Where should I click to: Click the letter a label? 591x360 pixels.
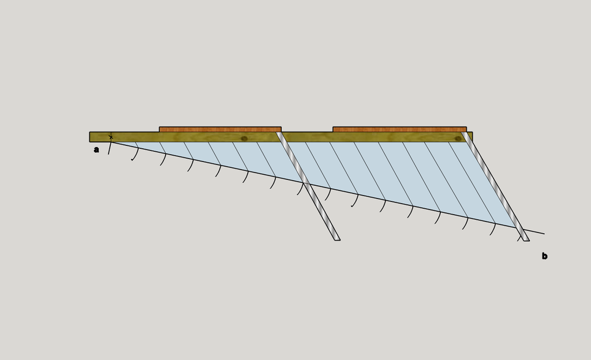96,150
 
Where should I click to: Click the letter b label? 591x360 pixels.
545,256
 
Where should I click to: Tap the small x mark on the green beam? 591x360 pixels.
111,137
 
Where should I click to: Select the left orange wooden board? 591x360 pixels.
220,130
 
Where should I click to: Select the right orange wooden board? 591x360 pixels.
399,130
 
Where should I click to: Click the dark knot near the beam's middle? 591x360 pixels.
244,138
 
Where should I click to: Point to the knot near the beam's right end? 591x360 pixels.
458,138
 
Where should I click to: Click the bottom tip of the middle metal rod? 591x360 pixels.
337,239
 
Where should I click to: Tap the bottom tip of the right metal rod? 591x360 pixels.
526,240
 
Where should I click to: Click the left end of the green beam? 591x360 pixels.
89,137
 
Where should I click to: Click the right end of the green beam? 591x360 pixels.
472,137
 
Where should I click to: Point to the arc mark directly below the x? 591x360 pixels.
110,148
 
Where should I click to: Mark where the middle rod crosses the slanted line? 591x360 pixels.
304,183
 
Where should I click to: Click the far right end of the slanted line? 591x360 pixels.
544,234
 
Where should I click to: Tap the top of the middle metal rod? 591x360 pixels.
279,133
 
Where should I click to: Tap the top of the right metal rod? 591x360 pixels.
464,133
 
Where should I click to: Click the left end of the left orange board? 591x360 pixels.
159,130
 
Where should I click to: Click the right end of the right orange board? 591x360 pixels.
466,130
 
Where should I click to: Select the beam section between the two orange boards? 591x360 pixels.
307,137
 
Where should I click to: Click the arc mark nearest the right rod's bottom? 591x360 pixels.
519,238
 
